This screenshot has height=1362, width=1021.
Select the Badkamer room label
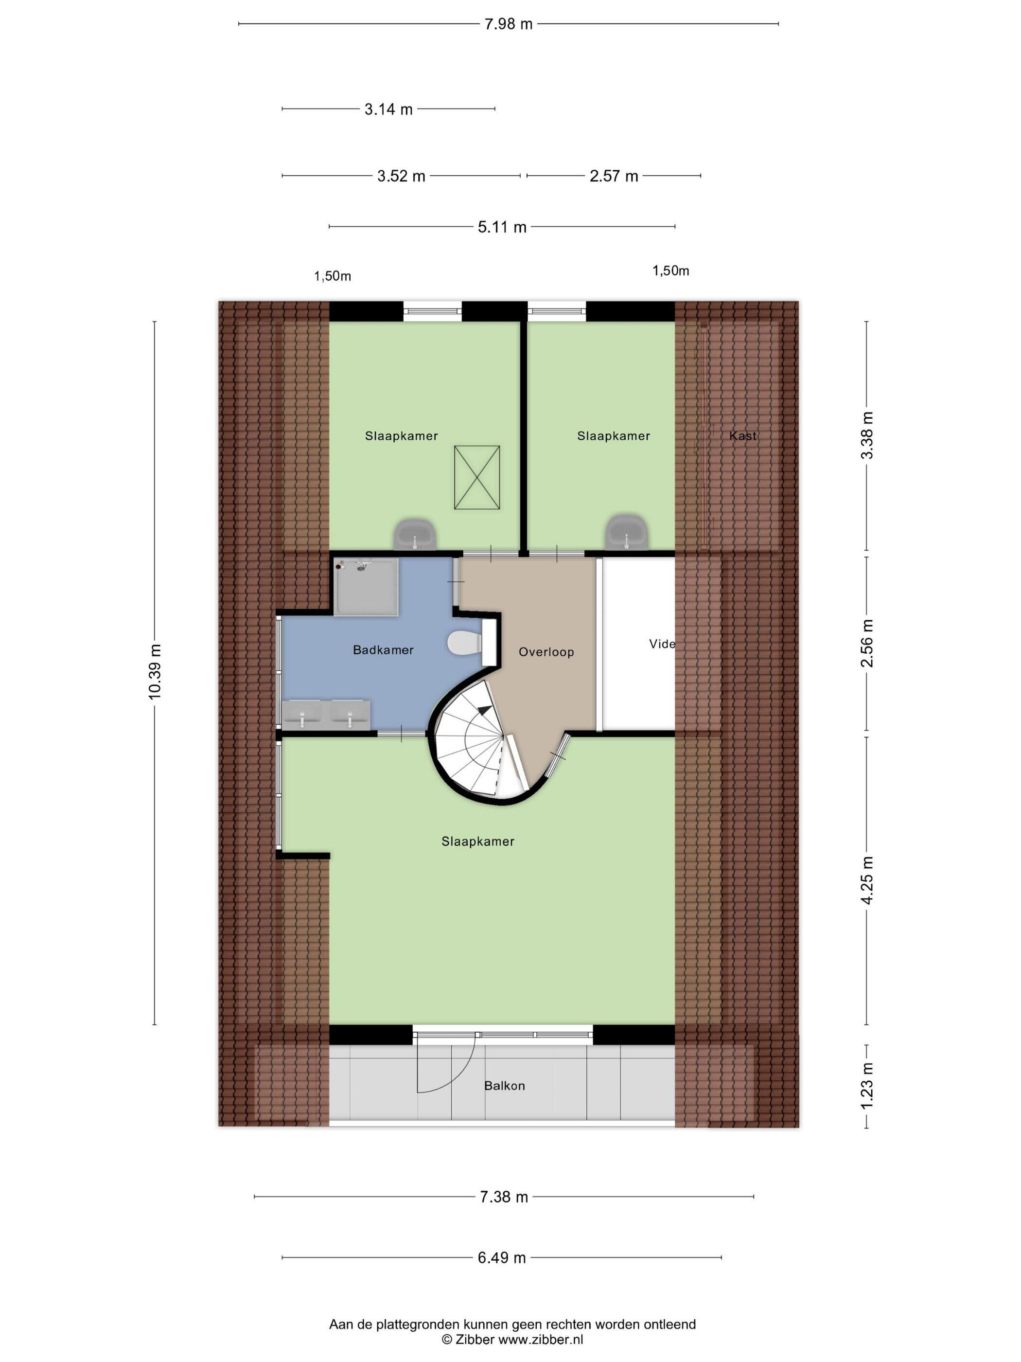tap(383, 649)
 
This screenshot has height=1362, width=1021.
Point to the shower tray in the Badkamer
tap(366, 587)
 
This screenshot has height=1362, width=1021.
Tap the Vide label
tap(662, 644)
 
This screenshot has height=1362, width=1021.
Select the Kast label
tap(743, 436)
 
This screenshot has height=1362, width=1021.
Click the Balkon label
tap(505, 1086)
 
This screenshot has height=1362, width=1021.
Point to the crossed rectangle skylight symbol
tap(477, 478)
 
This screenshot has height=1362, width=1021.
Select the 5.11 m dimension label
tap(502, 227)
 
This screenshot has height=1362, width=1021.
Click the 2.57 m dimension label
tap(614, 176)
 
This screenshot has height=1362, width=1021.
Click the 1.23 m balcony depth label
tap(866, 1086)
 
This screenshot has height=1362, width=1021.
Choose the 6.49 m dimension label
tap(502, 1257)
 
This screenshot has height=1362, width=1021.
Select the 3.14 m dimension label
tap(388, 109)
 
